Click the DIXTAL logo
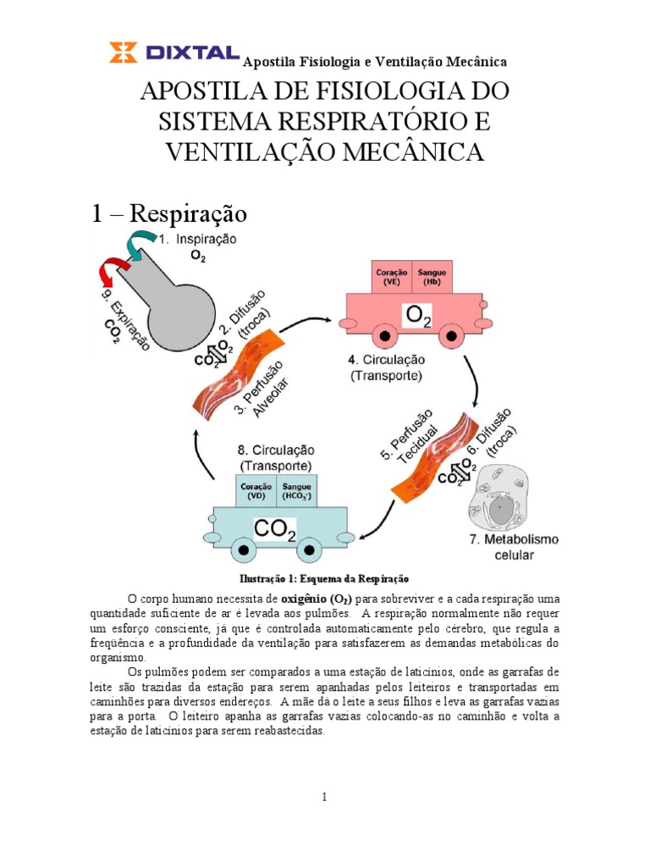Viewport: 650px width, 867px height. click(x=174, y=53)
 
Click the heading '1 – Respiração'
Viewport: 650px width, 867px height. click(x=169, y=213)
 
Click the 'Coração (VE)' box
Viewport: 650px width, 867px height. click(x=391, y=278)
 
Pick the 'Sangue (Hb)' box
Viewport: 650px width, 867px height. click(x=432, y=278)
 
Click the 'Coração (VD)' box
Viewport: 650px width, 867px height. click(x=255, y=491)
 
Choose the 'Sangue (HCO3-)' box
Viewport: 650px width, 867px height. click(x=296, y=491)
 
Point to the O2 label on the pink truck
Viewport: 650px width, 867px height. click(x=418, y=317)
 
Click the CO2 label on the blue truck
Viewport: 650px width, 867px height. click(x=275, y=531)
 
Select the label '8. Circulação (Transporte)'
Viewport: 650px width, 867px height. click(x=276, y=457)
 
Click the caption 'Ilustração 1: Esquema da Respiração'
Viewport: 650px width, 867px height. click(x=325, y=580)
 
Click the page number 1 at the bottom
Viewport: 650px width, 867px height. click(x=324, y=797)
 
